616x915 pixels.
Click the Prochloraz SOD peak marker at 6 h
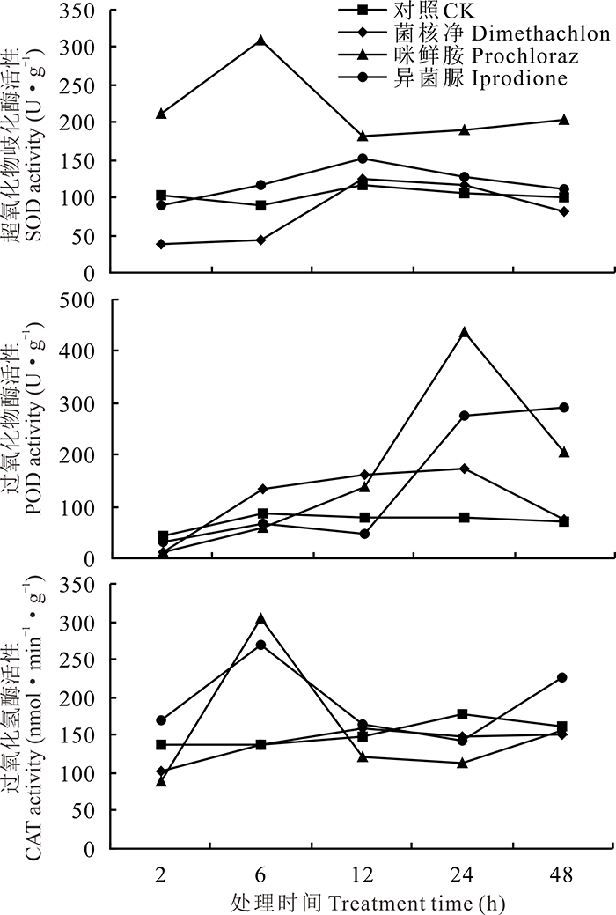pyautogui.click(x=260, y=41)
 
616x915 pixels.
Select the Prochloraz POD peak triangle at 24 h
pyautogui.click(x=464, y=332)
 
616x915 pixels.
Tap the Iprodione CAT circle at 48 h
pyautogui.click(x=564, y=677)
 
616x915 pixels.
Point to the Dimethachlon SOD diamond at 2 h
pyautogui.click(x=161, y=244)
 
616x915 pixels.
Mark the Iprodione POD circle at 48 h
pyautogui.click(x=564, y=408)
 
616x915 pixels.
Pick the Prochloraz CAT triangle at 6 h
pyautogui.click(x=260, y=619)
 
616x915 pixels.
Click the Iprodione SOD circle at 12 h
pyautogui.click(x=363, y=159)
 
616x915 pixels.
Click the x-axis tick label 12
pyautogui.click(x=363, y=875)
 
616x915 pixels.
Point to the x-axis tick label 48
pyautogui.click(x=564, y=875)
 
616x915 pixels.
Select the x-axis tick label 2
pyautogui.click(x=161, y=875)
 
